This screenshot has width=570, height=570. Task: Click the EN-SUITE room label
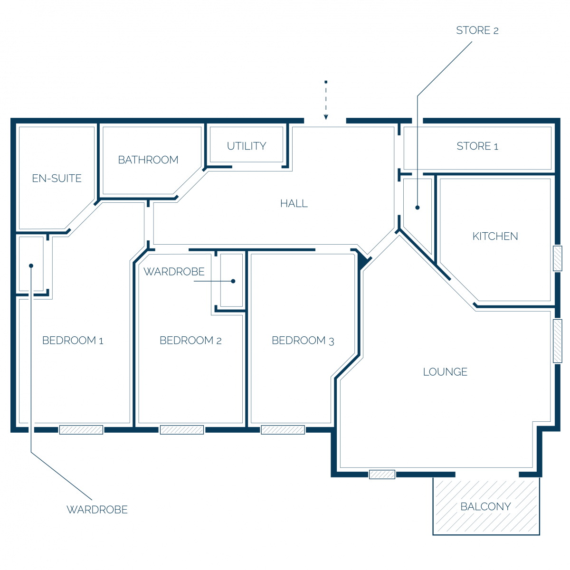(x=57, y=179)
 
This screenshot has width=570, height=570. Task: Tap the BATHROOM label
(x=148, y=160)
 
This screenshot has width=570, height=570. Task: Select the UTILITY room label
(x=247, y=146)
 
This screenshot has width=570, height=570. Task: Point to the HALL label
(x=294, y=203)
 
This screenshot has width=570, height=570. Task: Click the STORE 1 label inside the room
(x=477, y=146)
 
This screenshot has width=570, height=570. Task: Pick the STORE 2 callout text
(x=477, y=30)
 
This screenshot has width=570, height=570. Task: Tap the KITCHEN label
(x=495, y=236)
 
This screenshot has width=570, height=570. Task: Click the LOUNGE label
(x=445, y=371)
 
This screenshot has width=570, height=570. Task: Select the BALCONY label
(x=485, y=506)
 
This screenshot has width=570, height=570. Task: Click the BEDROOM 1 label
(x=73, y=340)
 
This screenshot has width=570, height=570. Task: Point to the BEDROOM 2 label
(x=190, y=340)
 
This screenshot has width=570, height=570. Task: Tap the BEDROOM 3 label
(x=303, y=341)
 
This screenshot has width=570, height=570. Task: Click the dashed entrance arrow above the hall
(x=326, y=100)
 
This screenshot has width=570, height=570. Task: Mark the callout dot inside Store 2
(x=417, y=208)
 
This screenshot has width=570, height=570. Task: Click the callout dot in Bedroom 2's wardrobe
(x=233, y=281)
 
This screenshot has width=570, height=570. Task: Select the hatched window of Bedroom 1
(x=81, y=429)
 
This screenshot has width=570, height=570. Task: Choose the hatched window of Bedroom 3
(x=283, y=429)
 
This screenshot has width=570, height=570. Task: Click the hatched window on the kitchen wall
(x=557, y=258)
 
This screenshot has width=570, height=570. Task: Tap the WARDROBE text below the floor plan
(x=97, y=509)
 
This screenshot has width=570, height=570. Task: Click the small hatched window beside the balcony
(x=381, y=475)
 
